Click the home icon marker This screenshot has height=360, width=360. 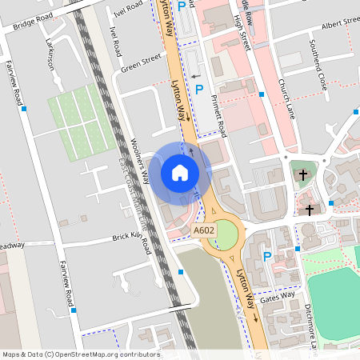[x=180, y=172]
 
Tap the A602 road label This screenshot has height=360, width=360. [x=204, y=230]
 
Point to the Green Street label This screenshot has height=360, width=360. [x=141, y=63]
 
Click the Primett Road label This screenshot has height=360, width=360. [x=218, y=111]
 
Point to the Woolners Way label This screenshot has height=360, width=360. [x=140, y=160]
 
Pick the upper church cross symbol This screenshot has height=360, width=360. [x=302, y=174]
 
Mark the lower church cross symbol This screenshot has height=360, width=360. [x=310, y=210]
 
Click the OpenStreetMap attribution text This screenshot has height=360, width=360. [x=81, y=354]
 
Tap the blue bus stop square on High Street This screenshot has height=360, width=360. [x=262, y=94]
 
